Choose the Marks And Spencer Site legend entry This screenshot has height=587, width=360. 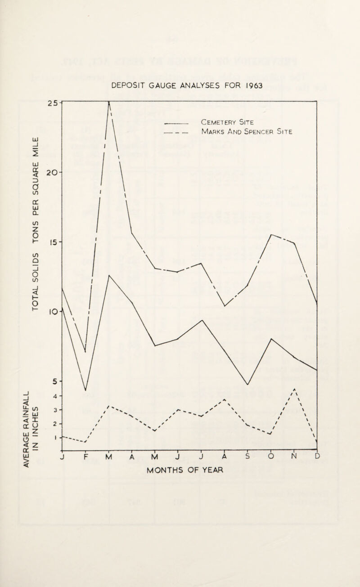pyautogui.click(x=247, y=132)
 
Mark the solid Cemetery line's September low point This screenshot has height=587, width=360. pyautogui.click(x=247, y=384)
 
